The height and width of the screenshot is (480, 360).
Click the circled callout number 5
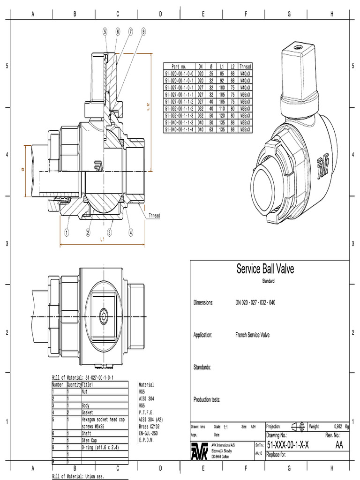tap(105, 31)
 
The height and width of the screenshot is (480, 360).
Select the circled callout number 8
tap(143, 31)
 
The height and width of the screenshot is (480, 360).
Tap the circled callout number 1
tap(67, 232)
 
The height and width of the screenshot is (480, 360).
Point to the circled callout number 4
tap(131, 232)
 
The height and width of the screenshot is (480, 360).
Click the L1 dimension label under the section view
tap(103, 240)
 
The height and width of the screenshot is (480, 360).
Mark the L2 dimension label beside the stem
tap(148, 107)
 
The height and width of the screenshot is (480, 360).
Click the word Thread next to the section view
tap(154, 216)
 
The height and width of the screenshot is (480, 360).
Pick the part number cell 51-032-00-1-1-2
tap(179, 108)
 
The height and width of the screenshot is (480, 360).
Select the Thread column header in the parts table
tap(245, 67)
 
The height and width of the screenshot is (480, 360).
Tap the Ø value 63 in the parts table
tap(211, 129)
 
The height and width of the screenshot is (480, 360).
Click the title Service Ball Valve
tap(265, 269)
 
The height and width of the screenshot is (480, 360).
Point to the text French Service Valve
tap(252, 335)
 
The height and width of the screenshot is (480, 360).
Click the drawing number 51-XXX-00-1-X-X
tap(287, 445)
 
